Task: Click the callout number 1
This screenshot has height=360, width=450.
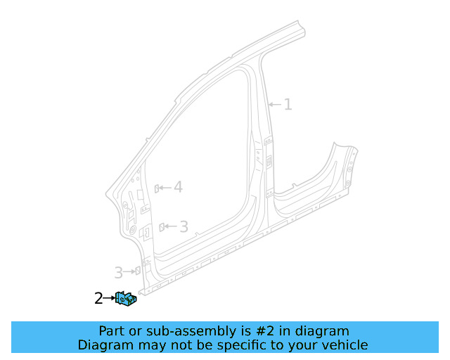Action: (x=288, y=105)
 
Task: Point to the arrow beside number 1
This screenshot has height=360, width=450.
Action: (x=275, y=105)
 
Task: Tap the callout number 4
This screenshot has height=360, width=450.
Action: (x=178, y=187)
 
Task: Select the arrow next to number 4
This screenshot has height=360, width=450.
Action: (x=166, y=188)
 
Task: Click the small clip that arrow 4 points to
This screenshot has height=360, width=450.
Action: (x=157, y=188)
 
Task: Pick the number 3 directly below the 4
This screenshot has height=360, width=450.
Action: (x=184, y=226)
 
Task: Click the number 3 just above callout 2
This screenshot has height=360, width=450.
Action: (x=119, y=271)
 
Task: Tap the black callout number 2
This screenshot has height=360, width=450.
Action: (x=98, y=299)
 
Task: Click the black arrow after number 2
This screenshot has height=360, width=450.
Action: (x=109, y=299)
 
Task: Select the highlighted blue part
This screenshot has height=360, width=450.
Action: (x=127, y=300)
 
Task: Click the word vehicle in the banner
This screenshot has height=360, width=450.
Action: (x=345, y=345)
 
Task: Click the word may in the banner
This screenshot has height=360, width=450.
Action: (x=149, y=345)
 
